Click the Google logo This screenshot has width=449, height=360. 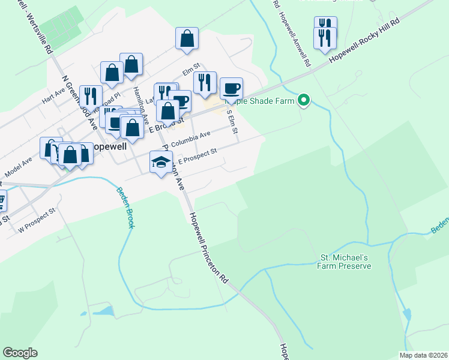pos(20,353)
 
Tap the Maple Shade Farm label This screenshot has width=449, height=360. pos(261,101)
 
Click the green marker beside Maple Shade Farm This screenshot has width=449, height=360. pos(304,100)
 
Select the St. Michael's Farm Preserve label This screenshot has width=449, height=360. pos(345,262)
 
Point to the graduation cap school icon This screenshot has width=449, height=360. pos(161,161)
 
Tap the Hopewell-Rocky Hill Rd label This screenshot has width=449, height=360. pos(366,46)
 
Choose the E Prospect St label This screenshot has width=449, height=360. pos(197,155)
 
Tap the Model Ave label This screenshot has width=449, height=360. pos(18,164)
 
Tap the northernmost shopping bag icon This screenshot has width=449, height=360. pos(187,38)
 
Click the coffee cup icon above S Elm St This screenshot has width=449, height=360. pos(231,89)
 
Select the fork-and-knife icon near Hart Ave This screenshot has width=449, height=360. pos(91,96)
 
